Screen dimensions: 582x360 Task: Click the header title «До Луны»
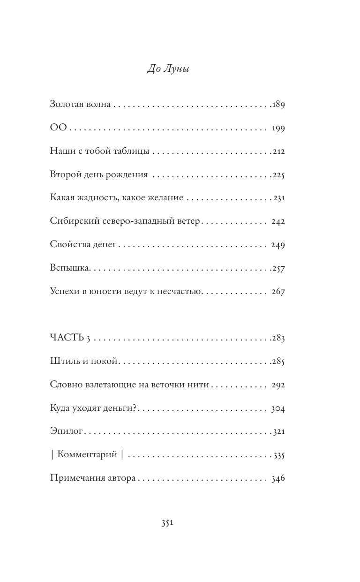(x=168, y=70)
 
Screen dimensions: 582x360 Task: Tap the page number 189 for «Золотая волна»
(x=278, y=105)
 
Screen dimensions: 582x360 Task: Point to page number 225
(x=278, y=175)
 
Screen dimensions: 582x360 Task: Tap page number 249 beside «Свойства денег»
(x=278, y=245)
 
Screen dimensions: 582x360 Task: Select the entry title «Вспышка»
(x=69, y=268)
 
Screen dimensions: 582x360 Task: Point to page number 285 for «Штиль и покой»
(x=278, y=362)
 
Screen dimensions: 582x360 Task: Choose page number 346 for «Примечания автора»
(x=278, y=478)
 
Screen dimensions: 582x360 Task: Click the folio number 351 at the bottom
(x=168, y=523)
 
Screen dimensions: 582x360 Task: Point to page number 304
(x=278, y=408)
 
